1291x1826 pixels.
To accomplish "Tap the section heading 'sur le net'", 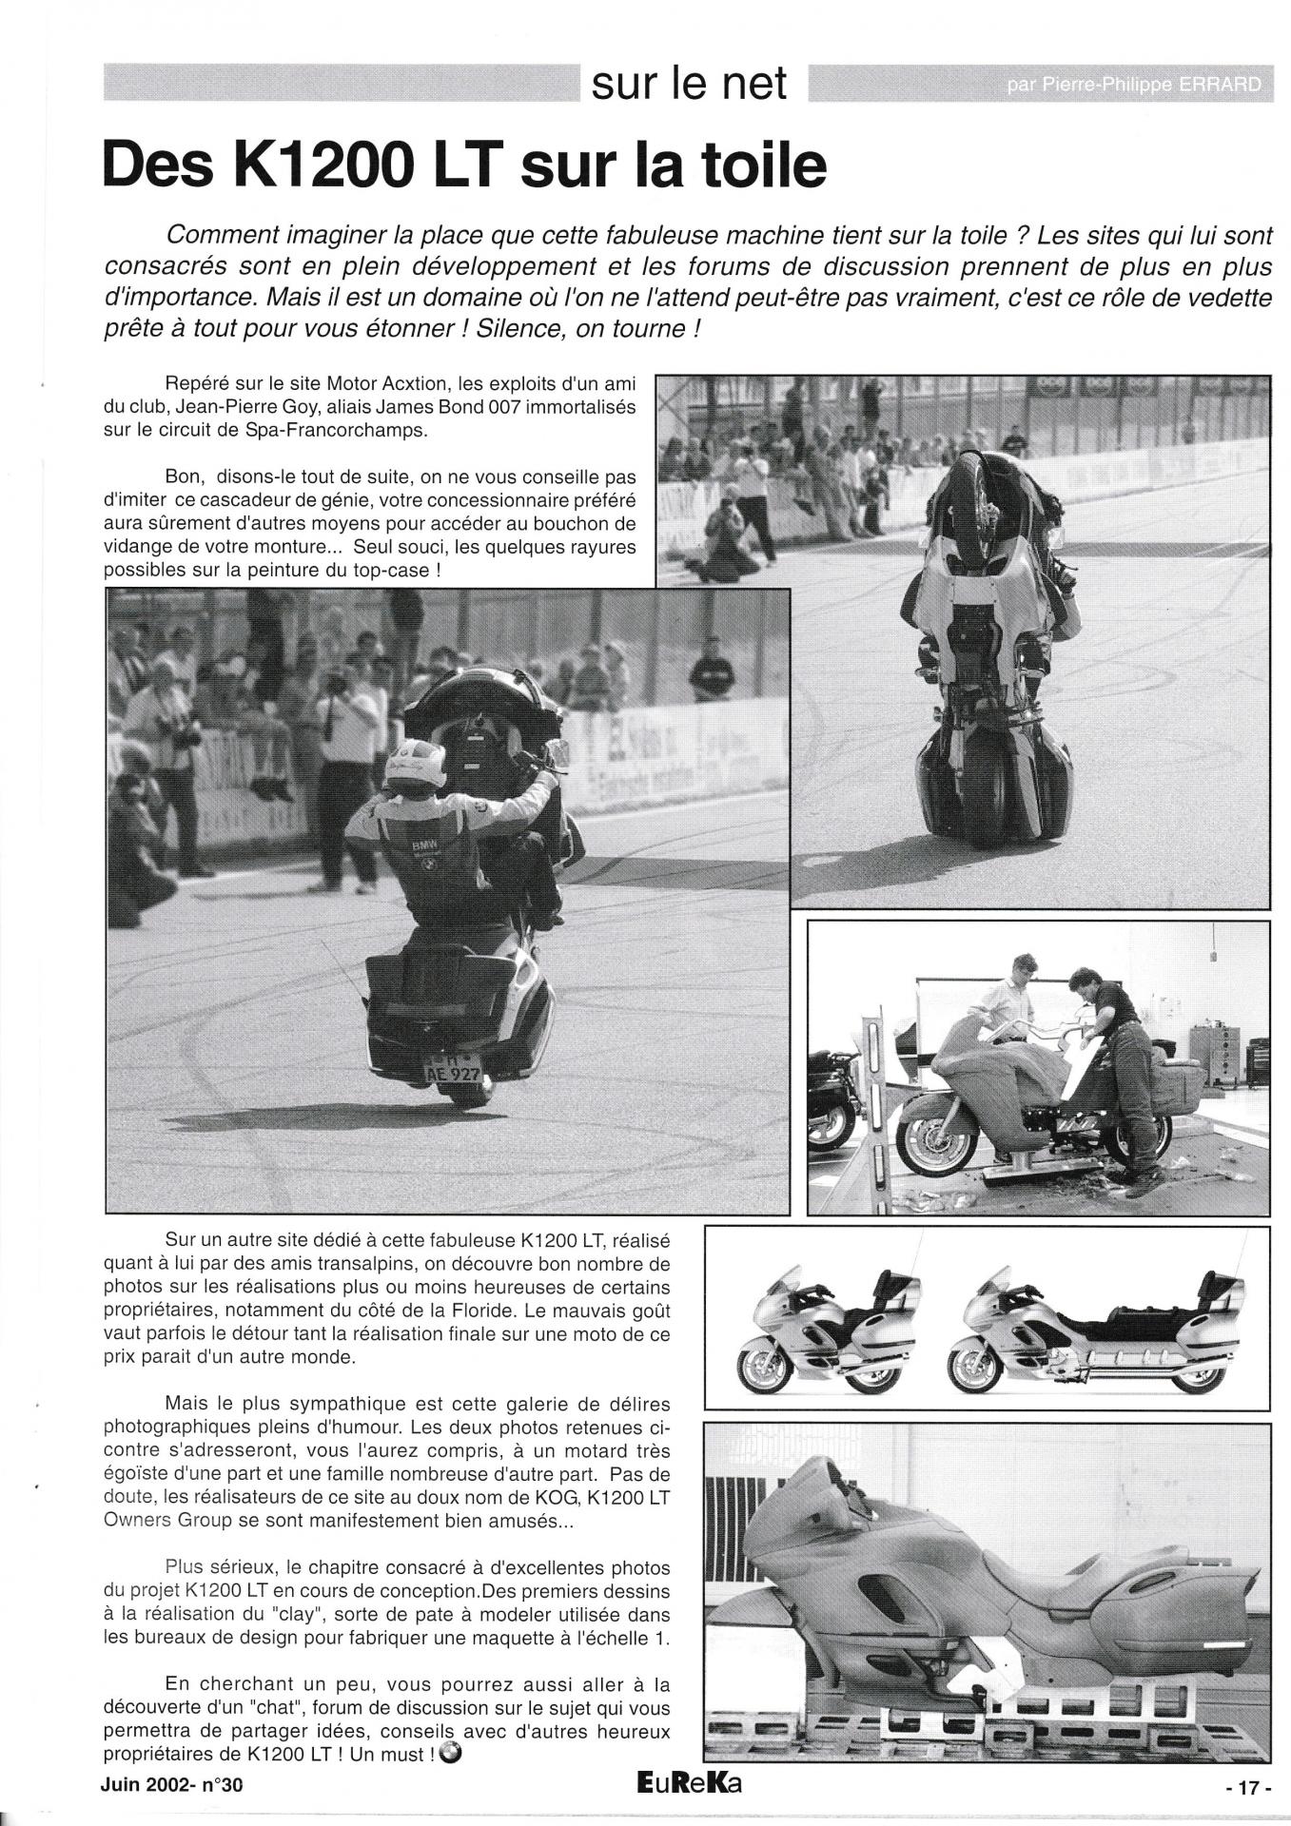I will pyautogui.click(x=689, y=84).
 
